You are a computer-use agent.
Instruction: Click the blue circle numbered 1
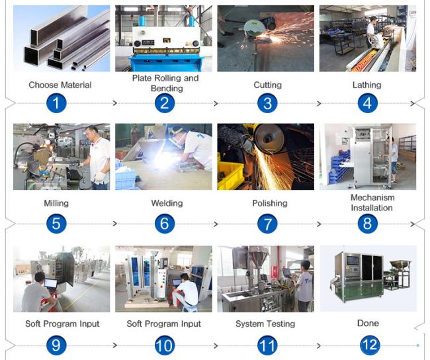(56, 103)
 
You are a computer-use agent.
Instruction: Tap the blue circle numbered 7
(267, 224)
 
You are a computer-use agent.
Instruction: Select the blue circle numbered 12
(370, 345)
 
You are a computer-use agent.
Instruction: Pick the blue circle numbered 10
(165, 345)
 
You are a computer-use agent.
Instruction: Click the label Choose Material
(60, 85)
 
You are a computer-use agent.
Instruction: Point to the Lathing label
(367, 85)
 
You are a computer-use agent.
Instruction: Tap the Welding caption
(167, 203)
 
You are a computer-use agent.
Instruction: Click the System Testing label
(265, 324)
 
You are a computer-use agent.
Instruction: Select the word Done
(368, 323)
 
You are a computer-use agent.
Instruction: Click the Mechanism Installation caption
(372, 202)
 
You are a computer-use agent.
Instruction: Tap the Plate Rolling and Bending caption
(165, 83)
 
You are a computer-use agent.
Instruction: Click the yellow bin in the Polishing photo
(231, 175)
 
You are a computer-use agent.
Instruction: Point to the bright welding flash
(164, 161)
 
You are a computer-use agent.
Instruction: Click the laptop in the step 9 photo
(50, 283)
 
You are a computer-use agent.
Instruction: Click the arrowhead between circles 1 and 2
(115, 103)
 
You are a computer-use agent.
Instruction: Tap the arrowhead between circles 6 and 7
(216, 224)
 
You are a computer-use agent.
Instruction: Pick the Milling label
(56, 203)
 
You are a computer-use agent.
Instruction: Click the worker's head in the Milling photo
(91, 132)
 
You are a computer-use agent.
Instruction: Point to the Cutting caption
(268, 85)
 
